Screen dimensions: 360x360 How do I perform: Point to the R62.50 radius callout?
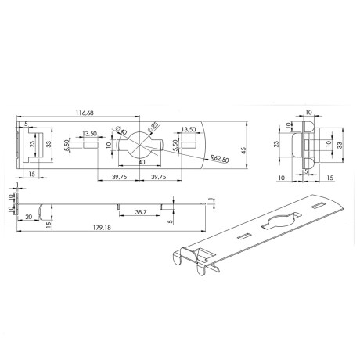click(219, 159)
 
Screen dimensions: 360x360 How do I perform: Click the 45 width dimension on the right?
click(244, 150)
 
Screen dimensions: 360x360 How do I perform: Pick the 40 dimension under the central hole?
click(141, 162)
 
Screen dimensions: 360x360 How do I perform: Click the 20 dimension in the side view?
click(29, 217)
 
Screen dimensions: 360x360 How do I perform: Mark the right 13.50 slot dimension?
click(187, 130)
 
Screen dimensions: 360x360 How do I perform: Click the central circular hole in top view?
click(141, 145)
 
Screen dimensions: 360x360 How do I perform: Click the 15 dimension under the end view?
click(329, 178)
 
